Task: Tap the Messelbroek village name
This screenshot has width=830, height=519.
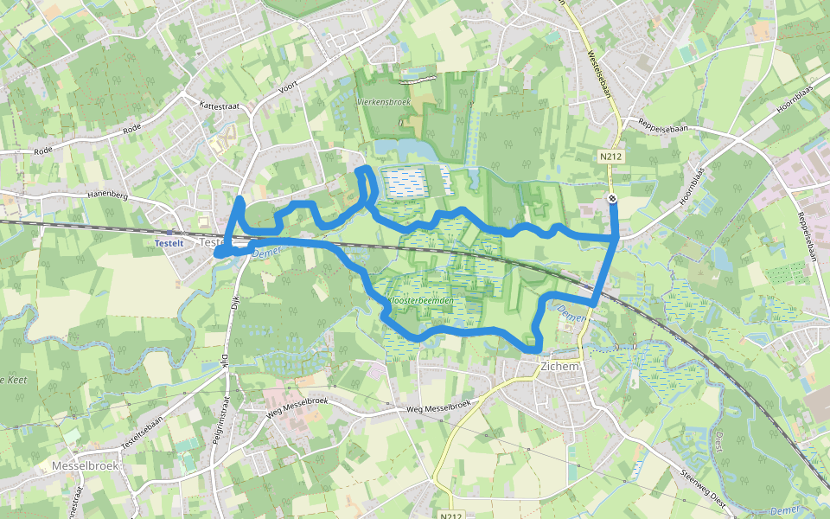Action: point(84,465)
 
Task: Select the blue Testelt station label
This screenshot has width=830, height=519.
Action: point(169,243)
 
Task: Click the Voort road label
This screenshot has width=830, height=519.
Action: point(288,87)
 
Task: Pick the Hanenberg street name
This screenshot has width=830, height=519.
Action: point(107,195)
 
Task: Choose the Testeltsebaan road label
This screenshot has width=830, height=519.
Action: point(140,428)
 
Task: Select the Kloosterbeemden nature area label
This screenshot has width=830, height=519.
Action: point(424,300)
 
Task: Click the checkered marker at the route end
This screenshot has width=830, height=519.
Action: point(612,199)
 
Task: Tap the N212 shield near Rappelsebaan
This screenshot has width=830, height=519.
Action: point(611,157)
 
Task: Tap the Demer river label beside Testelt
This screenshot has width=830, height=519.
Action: point(261,253)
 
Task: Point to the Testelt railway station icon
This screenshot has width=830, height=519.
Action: point(170,232)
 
